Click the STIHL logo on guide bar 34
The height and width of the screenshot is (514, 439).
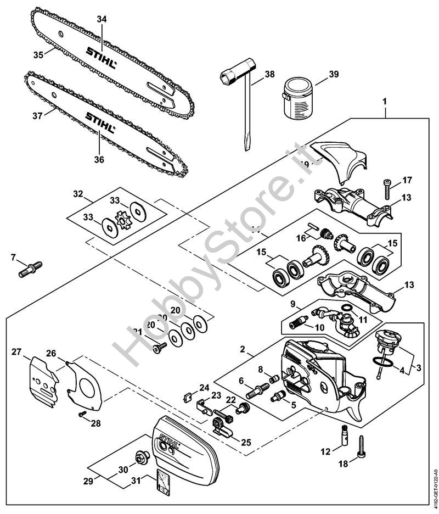(101, 57)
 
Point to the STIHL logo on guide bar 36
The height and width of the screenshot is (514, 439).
(100, 122)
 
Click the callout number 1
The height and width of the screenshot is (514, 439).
(385, 102)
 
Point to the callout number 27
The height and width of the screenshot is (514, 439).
(16, 351)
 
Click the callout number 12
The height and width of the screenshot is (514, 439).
(326, 451)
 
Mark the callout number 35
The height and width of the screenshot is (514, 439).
(38, 54)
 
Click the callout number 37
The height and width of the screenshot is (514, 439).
(37, 115)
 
